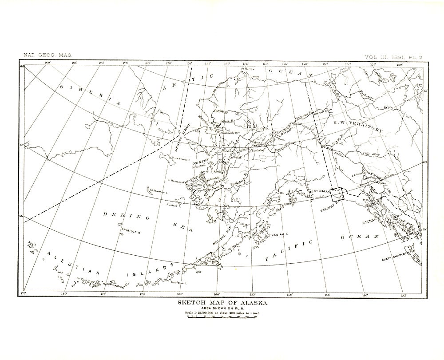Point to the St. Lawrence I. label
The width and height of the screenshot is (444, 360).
pyautogui.click(x=181, y=158)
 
